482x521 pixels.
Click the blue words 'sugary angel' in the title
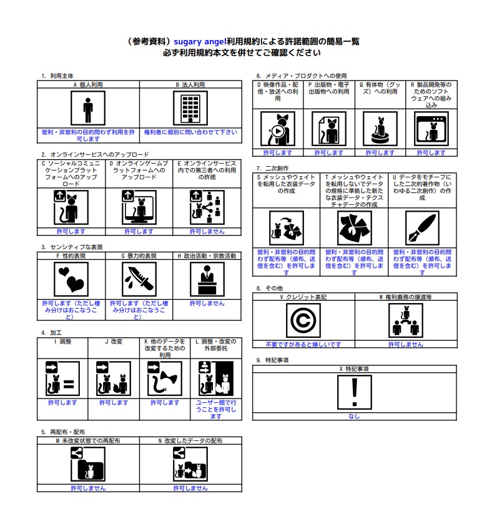tap(200, 41)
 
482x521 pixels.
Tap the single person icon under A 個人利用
tap(88, 108)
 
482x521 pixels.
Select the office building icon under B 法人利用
tap(190, 108)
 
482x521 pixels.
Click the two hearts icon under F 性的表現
tap(71, 279)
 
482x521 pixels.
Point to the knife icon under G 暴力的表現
tap(139, 279)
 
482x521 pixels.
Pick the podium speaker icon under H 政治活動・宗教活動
tap(207, 279)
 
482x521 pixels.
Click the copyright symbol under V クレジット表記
tap(303, 320)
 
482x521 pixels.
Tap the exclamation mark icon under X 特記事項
tap(355, 392)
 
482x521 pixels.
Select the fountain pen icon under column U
tap(422, 228)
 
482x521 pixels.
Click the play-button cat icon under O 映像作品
tap(278, 129)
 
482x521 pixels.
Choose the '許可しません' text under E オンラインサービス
tap(207, 231)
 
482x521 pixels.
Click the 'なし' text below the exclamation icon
tap(354, 416)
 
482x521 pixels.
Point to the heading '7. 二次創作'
tap(272, 168)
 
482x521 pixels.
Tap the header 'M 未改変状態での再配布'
tap(88, 440)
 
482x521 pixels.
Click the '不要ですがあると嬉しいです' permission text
tap(303, 344)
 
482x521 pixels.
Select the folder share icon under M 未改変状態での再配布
tap(88, 464)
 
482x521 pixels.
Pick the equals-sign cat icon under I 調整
tap(62, 379)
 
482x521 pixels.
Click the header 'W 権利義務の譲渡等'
tap(406, 297)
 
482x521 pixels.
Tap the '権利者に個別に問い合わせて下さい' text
tap(190, 132)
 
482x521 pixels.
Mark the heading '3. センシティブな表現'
tap(72, 247)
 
